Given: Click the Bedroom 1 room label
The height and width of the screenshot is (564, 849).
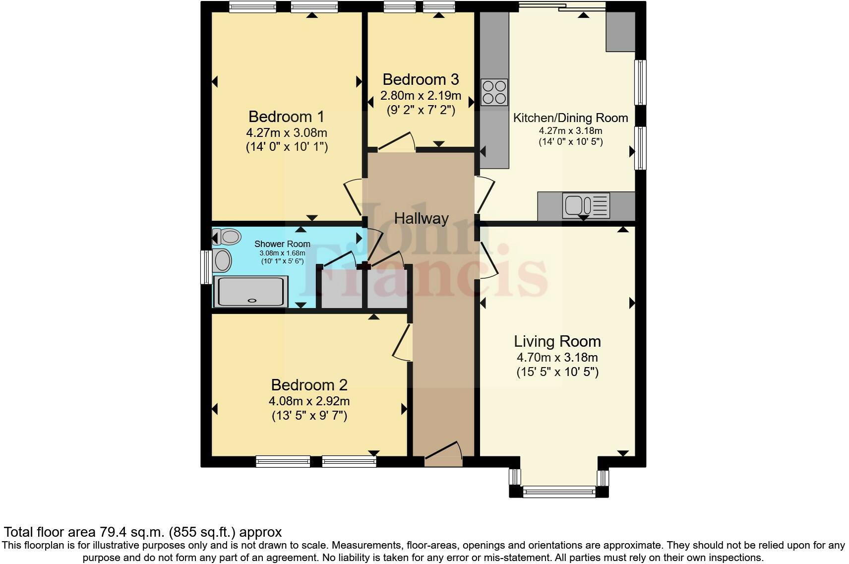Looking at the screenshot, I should point(286,117).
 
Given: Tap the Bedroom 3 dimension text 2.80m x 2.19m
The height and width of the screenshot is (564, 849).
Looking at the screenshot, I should point(421,95).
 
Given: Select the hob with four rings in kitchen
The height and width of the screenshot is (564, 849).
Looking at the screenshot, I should point(494,92).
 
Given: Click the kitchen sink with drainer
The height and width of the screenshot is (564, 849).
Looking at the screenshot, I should point(586,205).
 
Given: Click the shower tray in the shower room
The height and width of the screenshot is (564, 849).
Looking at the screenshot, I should point(250,292).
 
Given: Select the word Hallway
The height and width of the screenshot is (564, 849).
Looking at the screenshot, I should point(421,218).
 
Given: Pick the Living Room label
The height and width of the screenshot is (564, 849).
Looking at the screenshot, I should point(557,341).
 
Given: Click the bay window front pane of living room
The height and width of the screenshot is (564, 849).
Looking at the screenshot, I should point(559,492).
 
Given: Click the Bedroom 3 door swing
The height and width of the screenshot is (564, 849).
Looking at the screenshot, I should point(397,141).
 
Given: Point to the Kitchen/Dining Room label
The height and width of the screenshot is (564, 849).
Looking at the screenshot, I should point(570,118).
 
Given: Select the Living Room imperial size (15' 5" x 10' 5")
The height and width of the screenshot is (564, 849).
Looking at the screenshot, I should point(557,372).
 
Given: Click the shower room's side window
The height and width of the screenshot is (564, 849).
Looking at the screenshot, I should point(205,267).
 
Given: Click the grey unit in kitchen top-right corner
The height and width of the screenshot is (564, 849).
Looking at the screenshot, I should point(620,31).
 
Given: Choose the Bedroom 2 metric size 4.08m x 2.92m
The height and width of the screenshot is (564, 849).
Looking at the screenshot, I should point(309,401).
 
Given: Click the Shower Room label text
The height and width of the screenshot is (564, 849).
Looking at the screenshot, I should point(282,244).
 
